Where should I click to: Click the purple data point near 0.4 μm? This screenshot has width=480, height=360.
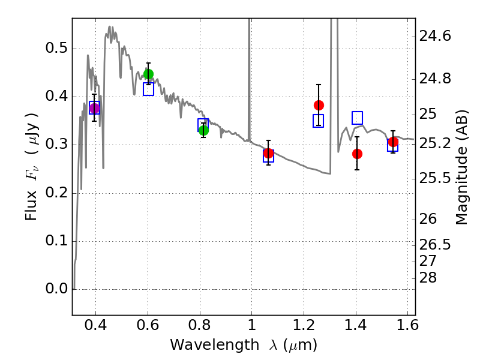tap(94, 108)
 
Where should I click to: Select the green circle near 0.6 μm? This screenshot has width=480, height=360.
tap(148, 74)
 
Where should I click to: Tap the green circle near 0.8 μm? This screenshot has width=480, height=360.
tap(203, 130)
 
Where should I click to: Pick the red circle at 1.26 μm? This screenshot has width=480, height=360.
tap(319, 105)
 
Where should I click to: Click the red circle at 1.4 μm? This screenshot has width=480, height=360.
tap(357, 154)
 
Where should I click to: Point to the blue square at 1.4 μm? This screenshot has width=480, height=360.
tap(357, 118)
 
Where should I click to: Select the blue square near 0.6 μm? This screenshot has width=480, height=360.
tap(148, 89)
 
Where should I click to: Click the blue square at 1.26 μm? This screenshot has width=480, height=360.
tap(319, 121)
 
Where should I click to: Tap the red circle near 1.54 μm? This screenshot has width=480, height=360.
tap(393, 142)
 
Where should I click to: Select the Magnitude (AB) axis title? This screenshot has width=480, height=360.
tap(461, 170)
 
